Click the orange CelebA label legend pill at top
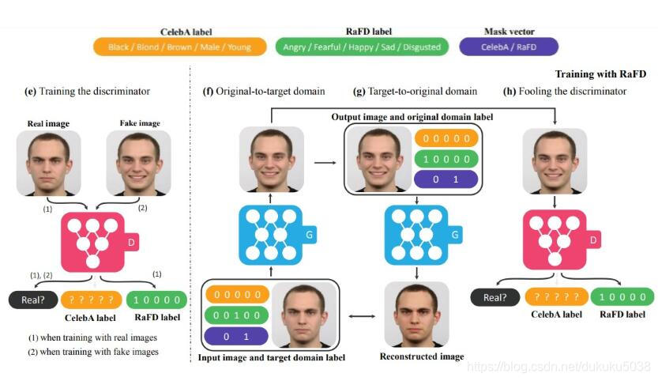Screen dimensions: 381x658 click(179, 47)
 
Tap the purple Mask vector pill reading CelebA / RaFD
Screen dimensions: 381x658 click(509, 47)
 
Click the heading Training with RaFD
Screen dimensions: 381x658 click(600, 74)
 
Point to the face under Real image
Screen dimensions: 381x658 click(49, 163)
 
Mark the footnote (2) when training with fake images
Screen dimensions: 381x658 click(93, 352)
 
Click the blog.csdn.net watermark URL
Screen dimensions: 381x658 click(558, 367)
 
